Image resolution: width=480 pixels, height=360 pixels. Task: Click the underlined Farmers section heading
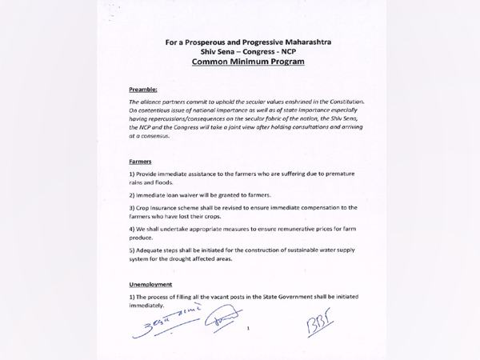[140, 161]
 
